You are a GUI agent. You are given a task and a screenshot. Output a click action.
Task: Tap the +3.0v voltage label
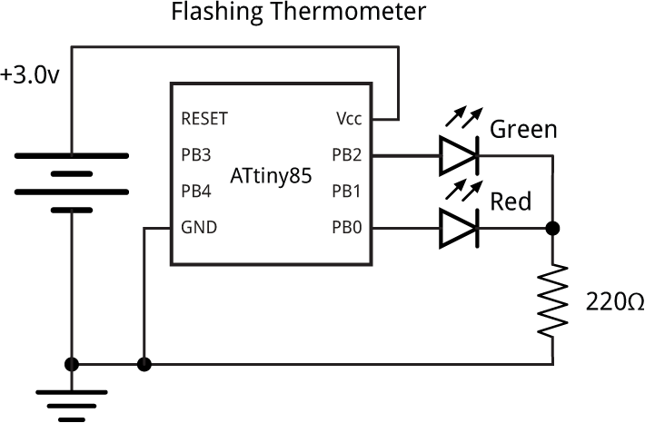tap(30, 75)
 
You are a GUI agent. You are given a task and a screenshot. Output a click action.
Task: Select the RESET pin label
tap(204, 118)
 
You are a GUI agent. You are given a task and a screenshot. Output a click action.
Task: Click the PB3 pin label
tap(195, 154)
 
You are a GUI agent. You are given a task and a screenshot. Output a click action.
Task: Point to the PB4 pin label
tap(195, 191)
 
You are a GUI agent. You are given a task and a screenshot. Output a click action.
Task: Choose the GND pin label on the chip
tap(199, 227)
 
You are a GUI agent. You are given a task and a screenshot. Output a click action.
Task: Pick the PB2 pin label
tap(345, 154)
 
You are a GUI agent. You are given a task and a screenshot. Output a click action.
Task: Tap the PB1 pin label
tap(345, 191)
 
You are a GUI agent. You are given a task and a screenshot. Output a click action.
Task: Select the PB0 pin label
tap(345, 227)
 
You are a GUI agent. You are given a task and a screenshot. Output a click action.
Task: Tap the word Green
tap(523, 130)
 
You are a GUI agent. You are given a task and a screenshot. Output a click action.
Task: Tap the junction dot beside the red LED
tap(552, 228)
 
